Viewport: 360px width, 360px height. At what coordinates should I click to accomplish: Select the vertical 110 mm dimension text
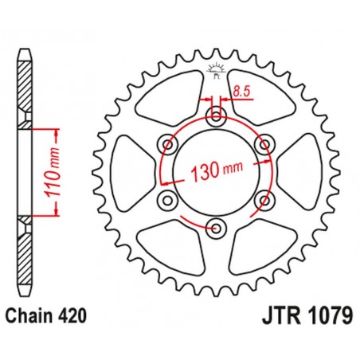45,171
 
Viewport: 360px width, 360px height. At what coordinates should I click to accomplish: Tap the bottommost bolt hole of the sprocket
217,229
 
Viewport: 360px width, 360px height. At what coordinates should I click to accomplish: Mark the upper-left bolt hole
168,144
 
